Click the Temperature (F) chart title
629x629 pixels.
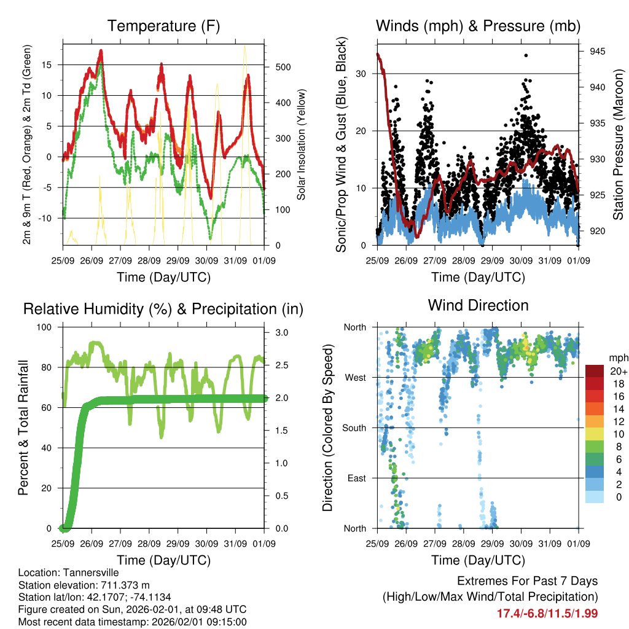click(163, 26)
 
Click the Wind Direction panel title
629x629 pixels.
click(478, 305)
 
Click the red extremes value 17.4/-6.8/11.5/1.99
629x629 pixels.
click(547, 613)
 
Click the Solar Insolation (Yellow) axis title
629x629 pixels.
click(302, 145)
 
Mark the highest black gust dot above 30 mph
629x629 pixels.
click(526, 55)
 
